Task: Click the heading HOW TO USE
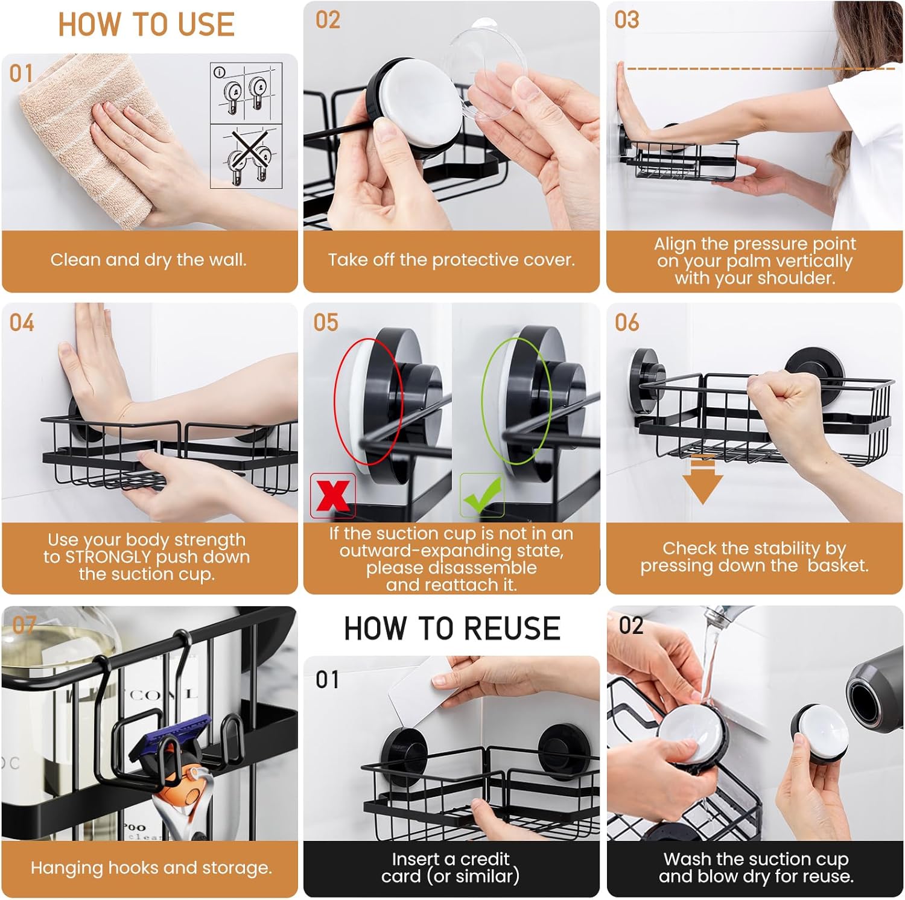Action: click(x=146, y=25)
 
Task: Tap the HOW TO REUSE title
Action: click(x=452, y=628)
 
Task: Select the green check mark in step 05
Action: click(x=482, y=495)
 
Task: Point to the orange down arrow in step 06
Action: click(x=702, y=480)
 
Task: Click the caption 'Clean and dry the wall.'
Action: click(x=148, y=260)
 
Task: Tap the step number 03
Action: click(x=627, y=20)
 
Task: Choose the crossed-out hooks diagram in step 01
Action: click(x=246, y=156)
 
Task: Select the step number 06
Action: click(x=627, y=323)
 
